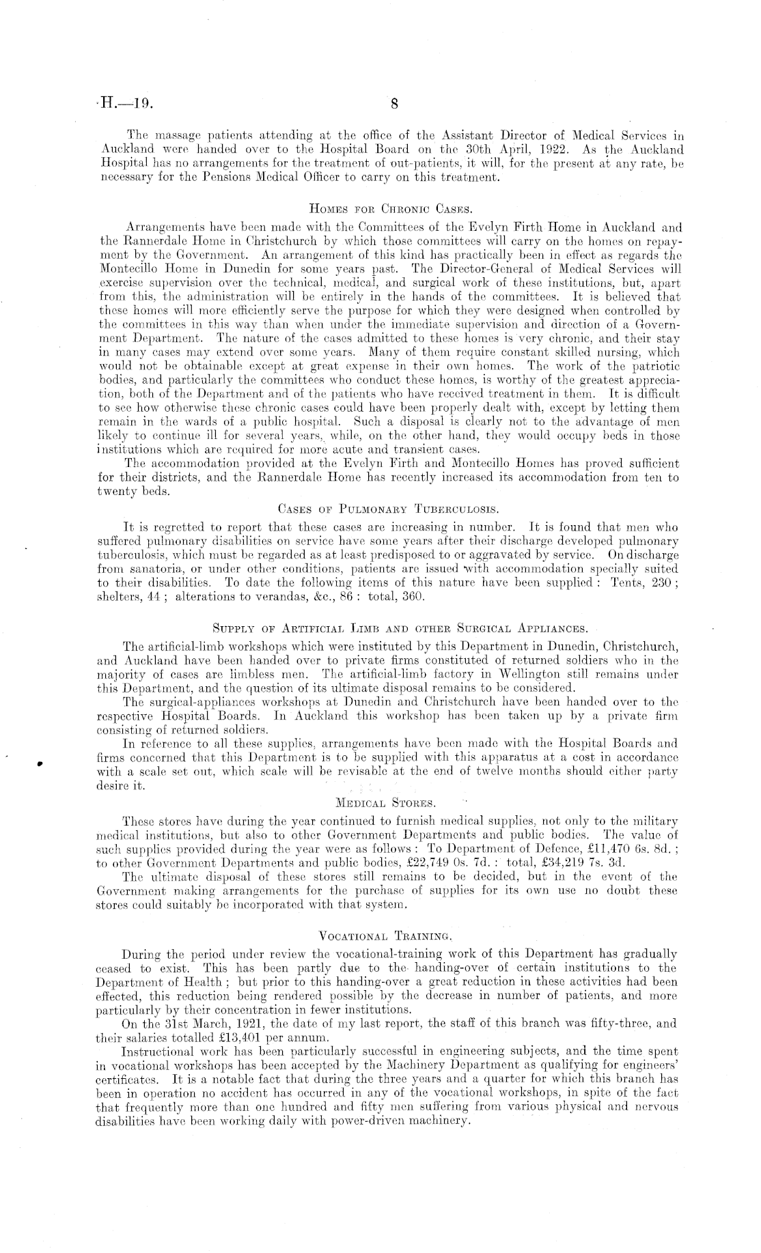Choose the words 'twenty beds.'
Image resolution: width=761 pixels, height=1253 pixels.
(x=133, y=489)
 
